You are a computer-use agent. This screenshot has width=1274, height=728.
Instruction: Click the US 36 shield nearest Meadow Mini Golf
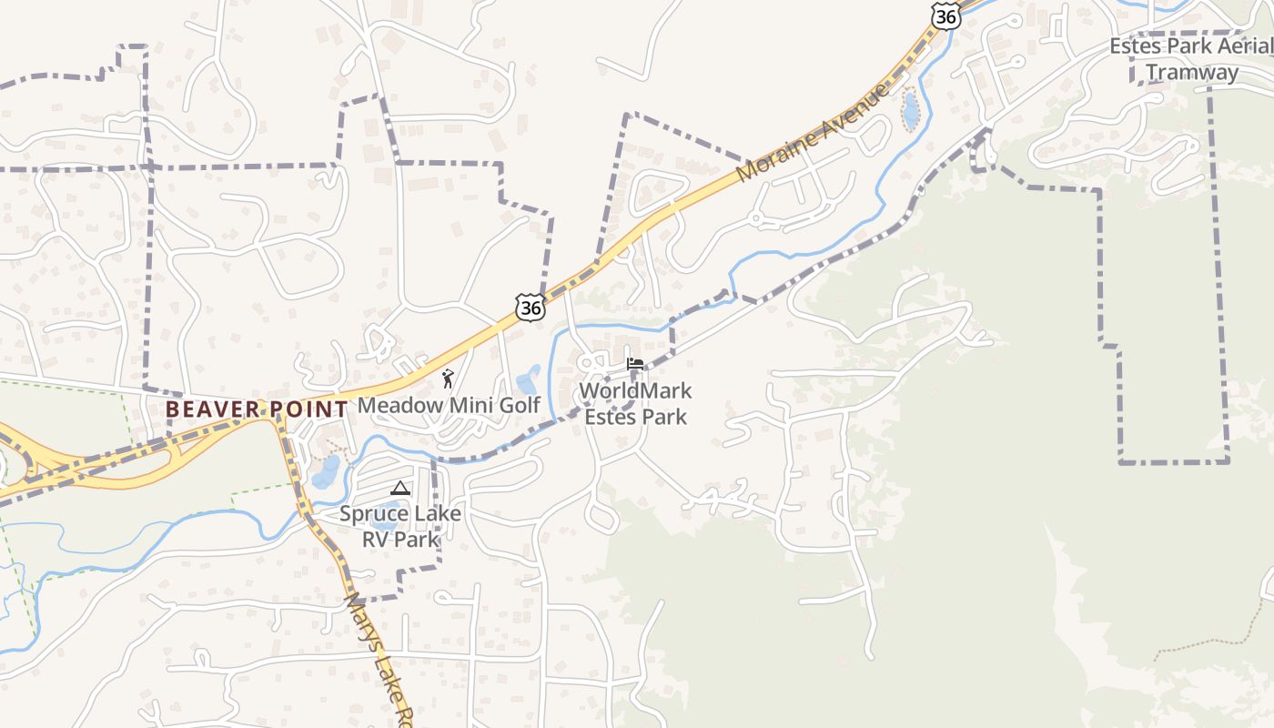coord(531,307)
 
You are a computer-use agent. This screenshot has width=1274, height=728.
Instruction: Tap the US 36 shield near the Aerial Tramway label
coord(946,15)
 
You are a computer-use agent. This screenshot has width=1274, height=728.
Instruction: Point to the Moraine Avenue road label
coord(813,133)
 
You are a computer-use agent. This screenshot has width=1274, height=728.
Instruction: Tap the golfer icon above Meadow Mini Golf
coord(447,379)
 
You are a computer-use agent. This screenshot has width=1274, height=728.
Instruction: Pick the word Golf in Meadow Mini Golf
coord(520,405)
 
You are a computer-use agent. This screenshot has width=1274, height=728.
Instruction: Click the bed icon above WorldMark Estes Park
coord(635,365)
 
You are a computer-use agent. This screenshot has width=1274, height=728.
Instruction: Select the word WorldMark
coord(636,391)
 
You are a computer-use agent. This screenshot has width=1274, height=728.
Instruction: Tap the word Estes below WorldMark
coord(608,417)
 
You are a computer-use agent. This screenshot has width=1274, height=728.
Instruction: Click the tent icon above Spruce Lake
coord(400,489)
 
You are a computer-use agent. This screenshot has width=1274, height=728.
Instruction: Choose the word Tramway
coord(1192,72)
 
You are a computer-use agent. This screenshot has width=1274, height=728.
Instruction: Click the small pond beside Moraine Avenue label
coord(909,112)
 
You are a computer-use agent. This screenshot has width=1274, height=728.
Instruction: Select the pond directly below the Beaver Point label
coord(326,470)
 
